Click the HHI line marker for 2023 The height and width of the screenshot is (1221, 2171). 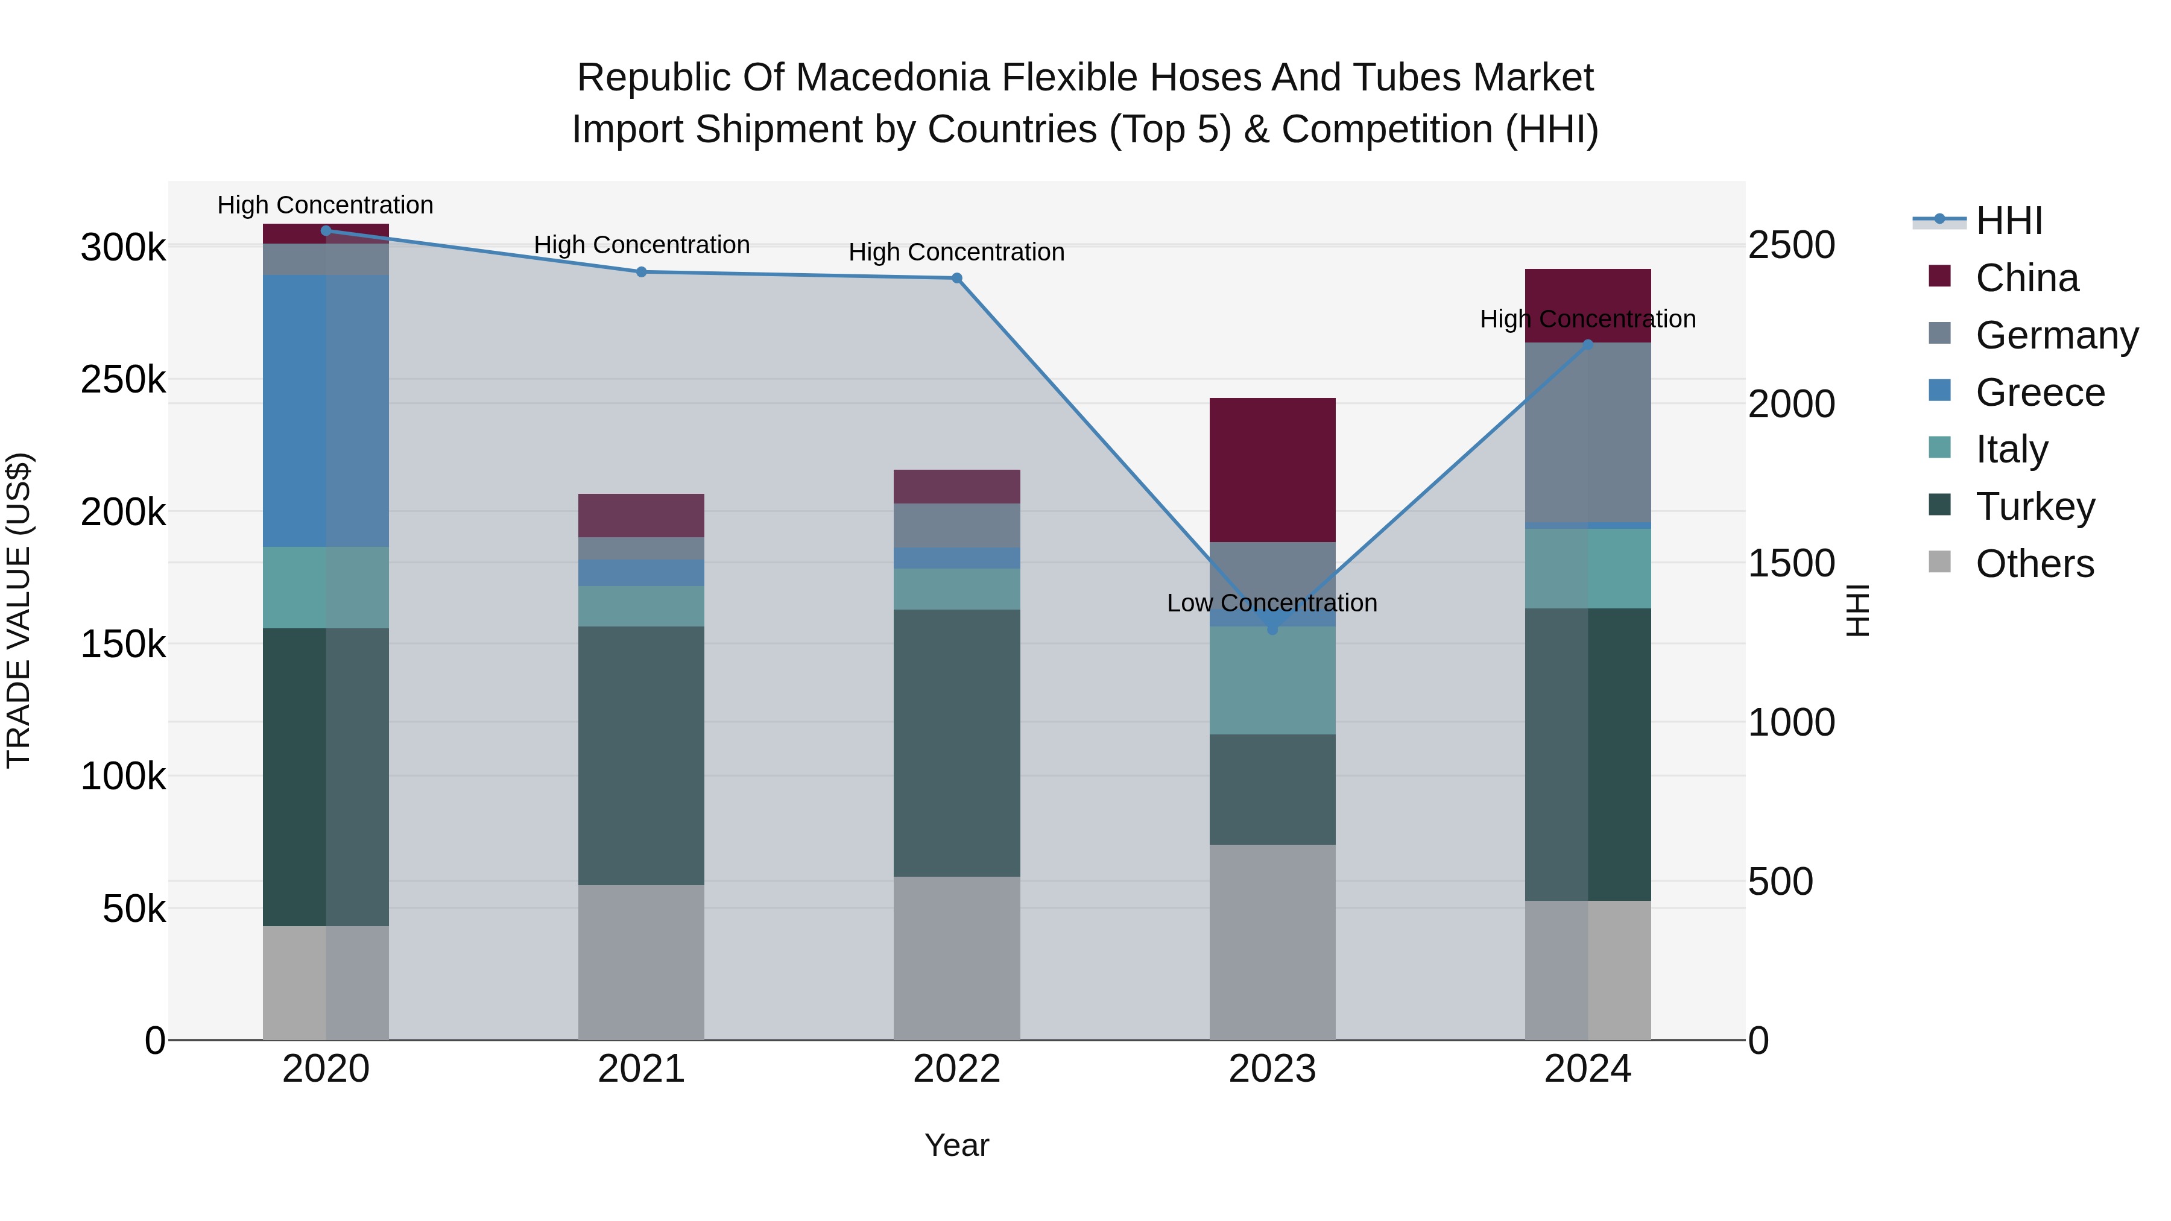pos(1272,629)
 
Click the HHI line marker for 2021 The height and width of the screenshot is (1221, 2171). pos(642,272)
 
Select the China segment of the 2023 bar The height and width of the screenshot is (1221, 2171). pos(1272,469)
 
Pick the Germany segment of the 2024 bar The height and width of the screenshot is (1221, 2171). pos(1587,432)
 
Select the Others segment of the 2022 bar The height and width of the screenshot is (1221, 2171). pos(956,958)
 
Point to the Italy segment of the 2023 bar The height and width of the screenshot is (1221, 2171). pos(1272,680)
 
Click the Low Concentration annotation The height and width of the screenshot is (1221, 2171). pos(1272,604)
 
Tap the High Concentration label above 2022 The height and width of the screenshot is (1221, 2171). pos(956,252)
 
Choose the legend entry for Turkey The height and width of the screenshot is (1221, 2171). pos(2035,506)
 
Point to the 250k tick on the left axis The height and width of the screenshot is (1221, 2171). pos(123,380)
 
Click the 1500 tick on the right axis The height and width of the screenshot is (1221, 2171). pos(1792,563)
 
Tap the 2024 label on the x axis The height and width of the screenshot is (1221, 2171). pos(1587,1069)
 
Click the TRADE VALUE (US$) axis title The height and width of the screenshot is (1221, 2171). pos(19,610)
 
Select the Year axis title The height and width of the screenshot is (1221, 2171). pos(956,1145)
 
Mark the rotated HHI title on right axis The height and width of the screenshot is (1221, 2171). pos(1857,610)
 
